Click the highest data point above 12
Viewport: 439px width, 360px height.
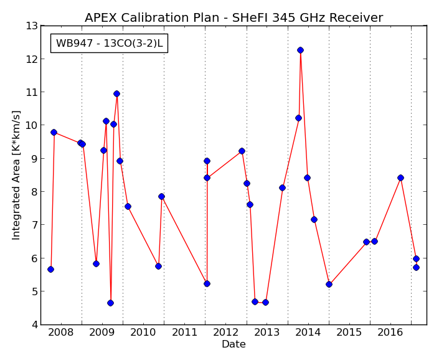coord(300,50)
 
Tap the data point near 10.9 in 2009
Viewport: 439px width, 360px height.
coord(116,94)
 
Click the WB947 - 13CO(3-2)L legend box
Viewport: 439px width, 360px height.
coord(109,43)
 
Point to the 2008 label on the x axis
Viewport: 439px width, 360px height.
coord(60,333)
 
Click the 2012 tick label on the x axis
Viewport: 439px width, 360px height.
coord(225,333)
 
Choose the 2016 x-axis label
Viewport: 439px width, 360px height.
coord(390,333)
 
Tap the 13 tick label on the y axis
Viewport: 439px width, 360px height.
coord(32,26)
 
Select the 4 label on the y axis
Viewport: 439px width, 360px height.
coord(35,325)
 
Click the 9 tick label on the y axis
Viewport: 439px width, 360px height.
coord(35,159)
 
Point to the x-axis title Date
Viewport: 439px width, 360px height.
coord(234,344)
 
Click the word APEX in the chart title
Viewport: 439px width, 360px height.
coord(101,17)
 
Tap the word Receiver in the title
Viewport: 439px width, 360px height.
coord(356,17)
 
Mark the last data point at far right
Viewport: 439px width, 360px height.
coord(416,267)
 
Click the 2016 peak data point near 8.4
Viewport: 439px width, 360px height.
coord(400,178)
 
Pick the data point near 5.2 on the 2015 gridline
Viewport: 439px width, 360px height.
coord(329,285)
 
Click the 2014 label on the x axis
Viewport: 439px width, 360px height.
coord(308,333)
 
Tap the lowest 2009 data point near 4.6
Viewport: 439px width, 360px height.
coord(110,303)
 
